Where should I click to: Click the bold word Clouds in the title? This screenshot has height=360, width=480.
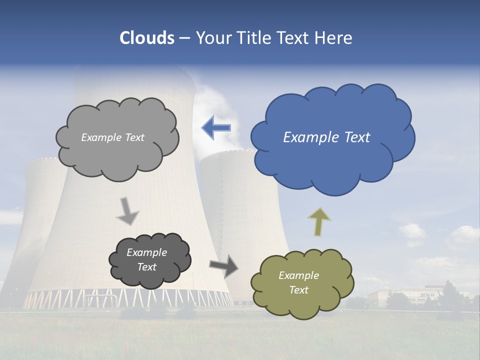[146, 38]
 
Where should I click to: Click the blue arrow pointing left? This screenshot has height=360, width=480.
[216, 127]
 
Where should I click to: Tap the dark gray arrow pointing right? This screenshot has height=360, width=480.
[224, 265]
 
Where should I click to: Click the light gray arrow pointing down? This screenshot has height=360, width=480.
[128, 211]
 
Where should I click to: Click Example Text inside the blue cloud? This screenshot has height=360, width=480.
[326, 137]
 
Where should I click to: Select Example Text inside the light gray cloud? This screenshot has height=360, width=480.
[112, 137]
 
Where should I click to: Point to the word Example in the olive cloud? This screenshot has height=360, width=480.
[298, 275]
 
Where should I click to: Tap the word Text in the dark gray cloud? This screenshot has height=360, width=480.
[146, 267]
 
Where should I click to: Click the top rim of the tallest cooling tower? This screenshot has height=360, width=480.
[132, 70]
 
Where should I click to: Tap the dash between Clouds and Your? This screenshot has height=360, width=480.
[184, 38]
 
